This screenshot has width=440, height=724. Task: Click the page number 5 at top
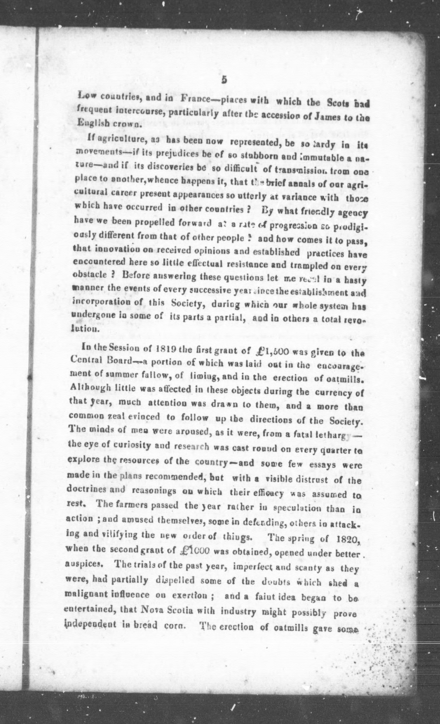click(x=224, y=80)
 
